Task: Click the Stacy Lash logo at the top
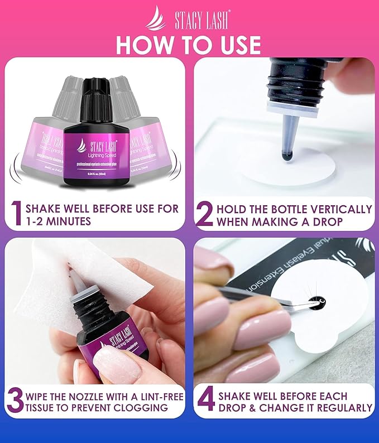pyautogui.click(x=189, y=17)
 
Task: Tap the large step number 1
pyautogui.click(x=17, y=215)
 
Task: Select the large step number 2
pyautogui.click(x=205, y=215)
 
